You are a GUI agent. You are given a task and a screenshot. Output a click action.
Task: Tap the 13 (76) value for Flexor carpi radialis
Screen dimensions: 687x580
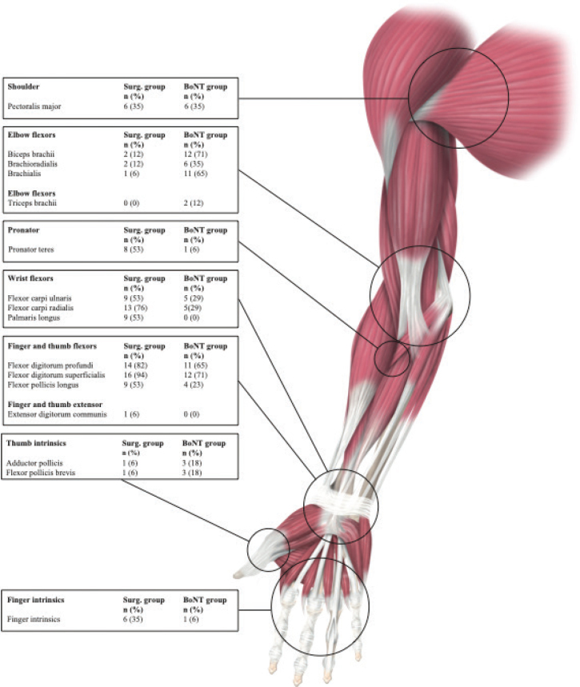[134, 308]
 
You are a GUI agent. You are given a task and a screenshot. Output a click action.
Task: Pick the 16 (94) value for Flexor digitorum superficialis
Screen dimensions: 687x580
[134, 373]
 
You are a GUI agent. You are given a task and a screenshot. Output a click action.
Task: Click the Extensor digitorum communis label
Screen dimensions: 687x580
[56, 415]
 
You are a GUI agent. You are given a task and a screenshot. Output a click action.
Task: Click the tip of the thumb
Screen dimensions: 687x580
[238, 573]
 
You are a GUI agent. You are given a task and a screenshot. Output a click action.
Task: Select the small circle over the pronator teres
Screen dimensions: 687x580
[391, 357]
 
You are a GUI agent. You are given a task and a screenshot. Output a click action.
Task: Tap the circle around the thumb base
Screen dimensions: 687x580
[268, 549]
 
